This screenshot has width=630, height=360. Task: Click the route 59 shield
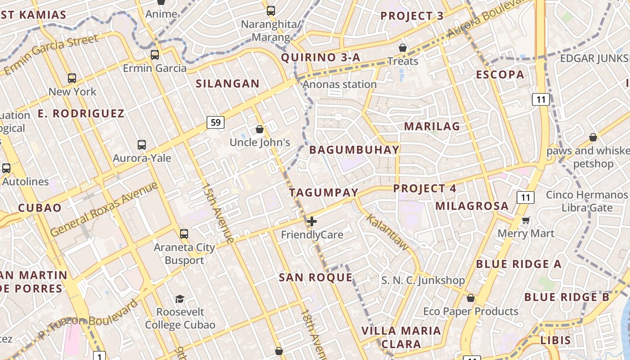coord(216,122)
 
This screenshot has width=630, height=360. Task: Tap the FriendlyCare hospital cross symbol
coord(311,221)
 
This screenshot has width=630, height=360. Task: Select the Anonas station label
coord(340,85)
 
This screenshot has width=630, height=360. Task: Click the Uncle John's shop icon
coord(260,130)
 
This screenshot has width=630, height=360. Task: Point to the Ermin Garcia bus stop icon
coord(155,55)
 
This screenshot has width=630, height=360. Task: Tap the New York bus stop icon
coord(72,78)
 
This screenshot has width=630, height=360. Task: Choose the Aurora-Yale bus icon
coord(142,145)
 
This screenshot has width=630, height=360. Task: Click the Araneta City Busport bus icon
coord(184,234)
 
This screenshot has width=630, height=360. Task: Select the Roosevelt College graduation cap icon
coord(180,299)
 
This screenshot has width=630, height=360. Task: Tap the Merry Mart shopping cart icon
coord(526,220)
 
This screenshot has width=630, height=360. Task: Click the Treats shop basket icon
coord(403,48)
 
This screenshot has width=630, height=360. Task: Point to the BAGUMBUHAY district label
coord(355,150)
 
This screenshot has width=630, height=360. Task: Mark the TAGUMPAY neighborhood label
coord(324,193)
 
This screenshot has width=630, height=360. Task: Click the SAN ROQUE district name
coord(315,277)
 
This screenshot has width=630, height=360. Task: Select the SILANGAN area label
coord(228,83)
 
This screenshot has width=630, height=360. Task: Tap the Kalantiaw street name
coord(387,232)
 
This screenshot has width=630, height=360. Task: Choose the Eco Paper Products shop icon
coord(471,298)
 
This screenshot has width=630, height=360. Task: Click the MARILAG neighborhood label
coord(432,126)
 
